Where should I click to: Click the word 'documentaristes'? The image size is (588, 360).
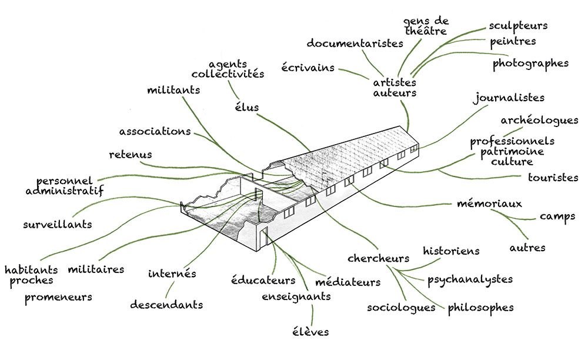point(355,44)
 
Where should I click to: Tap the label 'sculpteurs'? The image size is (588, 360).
point(518,26)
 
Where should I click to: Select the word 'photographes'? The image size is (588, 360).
point(530,63)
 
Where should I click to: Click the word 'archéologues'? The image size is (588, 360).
point(539,121)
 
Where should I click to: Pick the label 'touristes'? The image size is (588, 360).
point(553,177)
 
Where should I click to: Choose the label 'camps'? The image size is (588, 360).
point(557,216)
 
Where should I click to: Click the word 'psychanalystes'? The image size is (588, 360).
point(470,279)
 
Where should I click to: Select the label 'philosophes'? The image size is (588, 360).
point(480,307)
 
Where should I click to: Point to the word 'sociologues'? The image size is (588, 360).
point(400,307)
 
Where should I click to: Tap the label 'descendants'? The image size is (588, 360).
point(166,305)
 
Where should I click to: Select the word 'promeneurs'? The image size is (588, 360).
point(58,297)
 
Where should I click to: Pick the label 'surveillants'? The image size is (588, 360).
point(58,224)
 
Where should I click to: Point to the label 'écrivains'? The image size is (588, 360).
point(308,68)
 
